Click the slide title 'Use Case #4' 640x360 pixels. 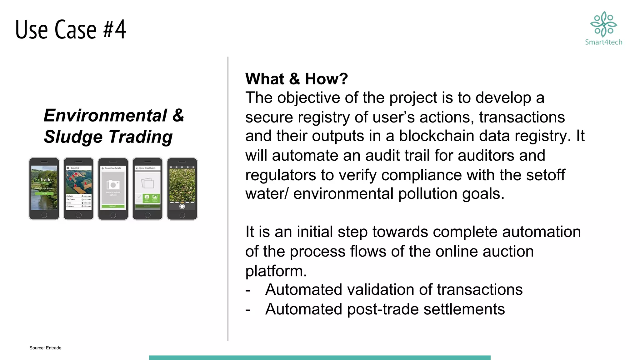[71, 29]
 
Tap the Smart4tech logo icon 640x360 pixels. [603, 24]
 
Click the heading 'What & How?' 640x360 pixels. [296, 79]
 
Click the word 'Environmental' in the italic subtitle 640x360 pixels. [105, 115]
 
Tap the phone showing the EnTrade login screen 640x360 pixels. [44, 188]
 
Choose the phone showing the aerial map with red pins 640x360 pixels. [78, 188]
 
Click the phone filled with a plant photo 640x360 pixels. [182, 188]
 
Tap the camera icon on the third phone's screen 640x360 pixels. [113, 185]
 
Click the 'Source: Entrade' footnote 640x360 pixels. [45, 348]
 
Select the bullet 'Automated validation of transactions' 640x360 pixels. [394, 290]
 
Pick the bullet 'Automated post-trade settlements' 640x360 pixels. [385, 309]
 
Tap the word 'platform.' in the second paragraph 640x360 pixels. [276, 271]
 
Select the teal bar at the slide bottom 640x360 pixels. [320, 357]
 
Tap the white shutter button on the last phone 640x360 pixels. [182, 206]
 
